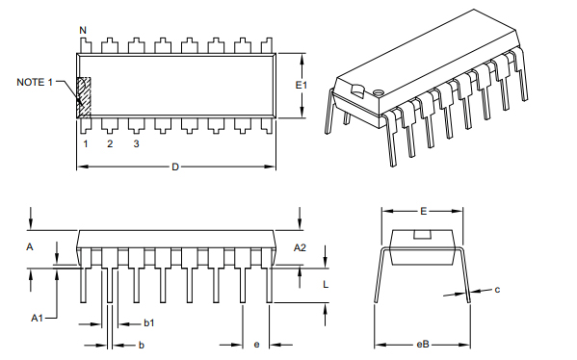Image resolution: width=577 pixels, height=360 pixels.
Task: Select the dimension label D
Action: [x=175, y=167]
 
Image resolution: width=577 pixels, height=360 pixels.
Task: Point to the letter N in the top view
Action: [x=83, y=31]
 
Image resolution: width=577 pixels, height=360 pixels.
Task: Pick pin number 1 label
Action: [x=85, y=144]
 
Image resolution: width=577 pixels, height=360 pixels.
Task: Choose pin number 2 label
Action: [x=110, y=144]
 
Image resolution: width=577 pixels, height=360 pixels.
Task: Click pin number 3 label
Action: [x=136, y=144]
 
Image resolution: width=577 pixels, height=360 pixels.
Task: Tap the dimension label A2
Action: [x=300, y=247]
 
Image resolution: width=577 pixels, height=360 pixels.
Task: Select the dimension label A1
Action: [x=37, y=317]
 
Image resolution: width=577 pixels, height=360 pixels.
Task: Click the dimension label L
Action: [x=327, y=285]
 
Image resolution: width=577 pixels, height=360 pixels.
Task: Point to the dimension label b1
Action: [x=149, y=322]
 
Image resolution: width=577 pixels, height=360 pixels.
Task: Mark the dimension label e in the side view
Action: [x=256, y=344]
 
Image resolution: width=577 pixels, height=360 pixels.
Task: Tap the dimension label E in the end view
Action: [x=423, y=210]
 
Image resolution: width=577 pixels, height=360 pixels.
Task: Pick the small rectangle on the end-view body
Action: [x=422, y=234]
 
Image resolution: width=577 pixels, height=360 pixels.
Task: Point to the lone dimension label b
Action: [x=142, y=344]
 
